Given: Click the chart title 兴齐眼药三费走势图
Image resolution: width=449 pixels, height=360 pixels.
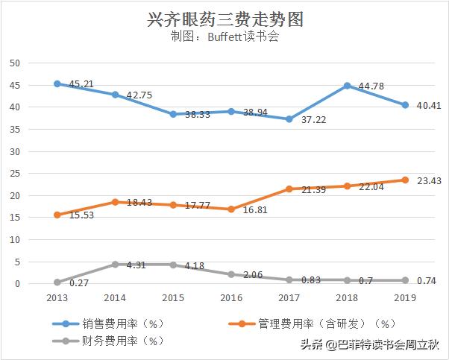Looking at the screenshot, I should (x=224, y=18).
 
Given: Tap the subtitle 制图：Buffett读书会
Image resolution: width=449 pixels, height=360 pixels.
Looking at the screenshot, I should (x=224, y=37).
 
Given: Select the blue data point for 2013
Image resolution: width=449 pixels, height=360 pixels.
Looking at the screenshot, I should (x=57, y=83).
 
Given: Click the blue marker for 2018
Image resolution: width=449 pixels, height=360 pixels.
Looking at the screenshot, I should (x=347, y=86).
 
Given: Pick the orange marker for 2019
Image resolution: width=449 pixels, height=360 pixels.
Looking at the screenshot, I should (x=405, y=180).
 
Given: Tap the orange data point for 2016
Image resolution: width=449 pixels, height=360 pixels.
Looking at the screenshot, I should (x=231, y=209).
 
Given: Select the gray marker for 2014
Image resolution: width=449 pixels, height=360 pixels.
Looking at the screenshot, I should (x=116, y=265).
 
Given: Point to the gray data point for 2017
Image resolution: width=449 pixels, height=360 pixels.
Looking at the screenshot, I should (x=289, y=280).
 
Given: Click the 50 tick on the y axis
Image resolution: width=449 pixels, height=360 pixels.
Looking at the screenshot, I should (x=14, y=63).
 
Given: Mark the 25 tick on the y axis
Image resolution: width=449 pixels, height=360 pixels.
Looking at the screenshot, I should (x=14, y=174).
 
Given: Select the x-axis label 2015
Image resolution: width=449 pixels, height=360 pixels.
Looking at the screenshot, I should (x=173, y=297).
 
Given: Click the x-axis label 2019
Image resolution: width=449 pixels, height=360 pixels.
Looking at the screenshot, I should (x=405, y=297).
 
